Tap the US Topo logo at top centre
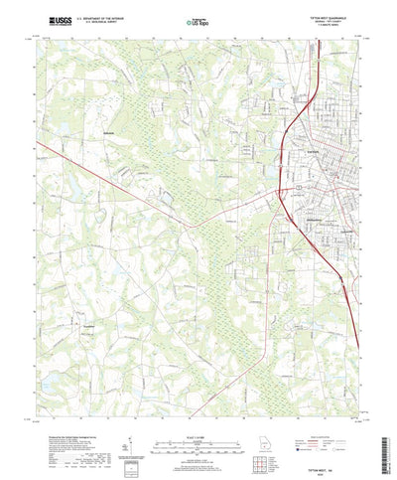click(x=198, y=20)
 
